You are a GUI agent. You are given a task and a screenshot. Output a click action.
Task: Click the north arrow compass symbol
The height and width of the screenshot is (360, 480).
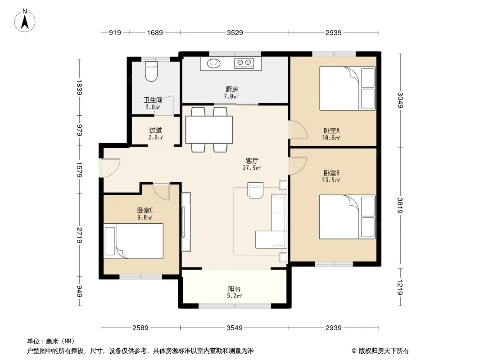(x=24, y=20)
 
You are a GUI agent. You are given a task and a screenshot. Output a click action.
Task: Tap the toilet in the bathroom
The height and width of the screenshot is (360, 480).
(x=151, y=71)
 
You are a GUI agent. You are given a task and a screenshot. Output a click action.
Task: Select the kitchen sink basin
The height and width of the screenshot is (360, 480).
(x=214, y=63)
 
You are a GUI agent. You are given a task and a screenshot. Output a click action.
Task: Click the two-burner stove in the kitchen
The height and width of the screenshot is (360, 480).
(x=244, y=63)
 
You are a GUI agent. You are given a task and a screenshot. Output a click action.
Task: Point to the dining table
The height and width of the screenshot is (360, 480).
(x=209, y=130)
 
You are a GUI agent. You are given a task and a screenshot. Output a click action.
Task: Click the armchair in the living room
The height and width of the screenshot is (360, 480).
(x=255, y=190)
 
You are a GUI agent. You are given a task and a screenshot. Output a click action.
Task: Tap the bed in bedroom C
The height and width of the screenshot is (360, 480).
(x=133, y=241)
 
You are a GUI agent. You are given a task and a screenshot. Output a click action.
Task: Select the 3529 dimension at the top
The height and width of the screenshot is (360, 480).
(x=235, y=32)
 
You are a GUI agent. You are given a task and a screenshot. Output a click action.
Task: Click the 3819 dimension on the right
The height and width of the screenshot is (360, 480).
(x=400, y=206)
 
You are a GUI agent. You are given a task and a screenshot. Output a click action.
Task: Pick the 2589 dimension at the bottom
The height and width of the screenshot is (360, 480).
(x=140, y=328)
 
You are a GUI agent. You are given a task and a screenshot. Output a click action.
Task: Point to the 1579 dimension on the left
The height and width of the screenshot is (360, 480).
(x=79, y=170)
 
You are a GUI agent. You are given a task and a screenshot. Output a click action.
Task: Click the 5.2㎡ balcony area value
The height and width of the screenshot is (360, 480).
(x=235, y=296)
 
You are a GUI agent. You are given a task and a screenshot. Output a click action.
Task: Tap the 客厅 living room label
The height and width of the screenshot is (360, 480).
(x=252, y=161)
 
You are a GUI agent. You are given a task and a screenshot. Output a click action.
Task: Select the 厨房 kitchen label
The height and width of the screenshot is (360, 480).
(x=232, y=89)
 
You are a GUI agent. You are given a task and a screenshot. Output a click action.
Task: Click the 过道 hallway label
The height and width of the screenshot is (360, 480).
(x=155, y=130)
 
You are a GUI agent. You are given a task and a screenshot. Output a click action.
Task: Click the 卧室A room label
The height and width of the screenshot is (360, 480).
(x=331, y=130)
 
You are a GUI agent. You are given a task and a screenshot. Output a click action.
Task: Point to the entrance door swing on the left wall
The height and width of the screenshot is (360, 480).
(x=109, y=167)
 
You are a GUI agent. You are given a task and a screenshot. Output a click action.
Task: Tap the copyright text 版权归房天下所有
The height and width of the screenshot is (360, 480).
(x=383, y=351)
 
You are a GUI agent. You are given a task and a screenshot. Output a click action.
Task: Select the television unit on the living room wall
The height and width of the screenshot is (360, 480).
(x=186, y=222)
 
